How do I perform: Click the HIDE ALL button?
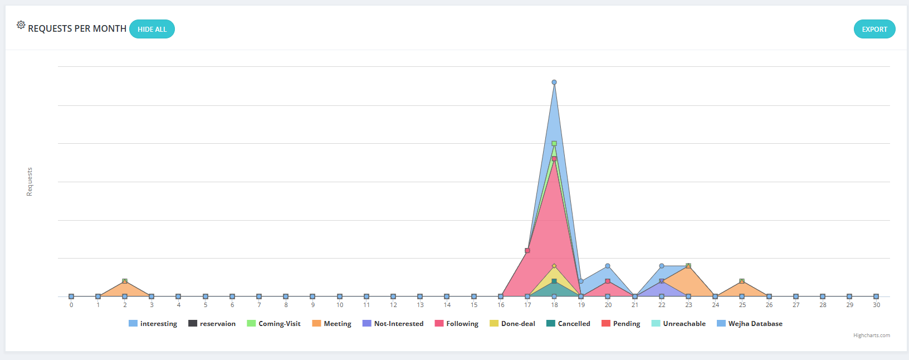(152, 30)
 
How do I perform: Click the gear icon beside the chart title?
(21, 25)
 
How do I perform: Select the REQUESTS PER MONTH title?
(77, 29)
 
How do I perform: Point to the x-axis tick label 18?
(554, 305)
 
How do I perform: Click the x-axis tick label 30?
(876, 305)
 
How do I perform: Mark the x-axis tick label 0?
(71, 305)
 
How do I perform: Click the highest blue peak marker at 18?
(554, 82)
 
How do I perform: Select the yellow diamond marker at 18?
(554, 266)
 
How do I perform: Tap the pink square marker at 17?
(527, 251)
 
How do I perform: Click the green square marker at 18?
(554, 144)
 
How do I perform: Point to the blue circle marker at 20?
(608, 266)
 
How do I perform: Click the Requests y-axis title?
(30, 182)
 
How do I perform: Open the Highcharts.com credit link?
(871, 335)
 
